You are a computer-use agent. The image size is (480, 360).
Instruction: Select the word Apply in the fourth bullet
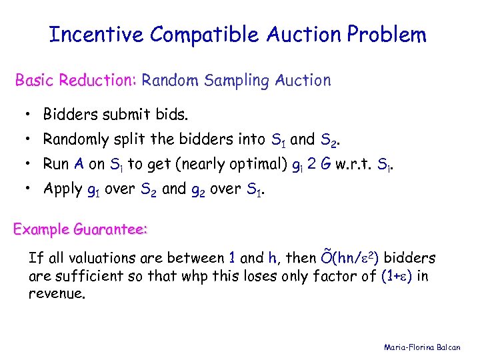tap(63, 189)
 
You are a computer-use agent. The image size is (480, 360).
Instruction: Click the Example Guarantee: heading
tap(81, 229)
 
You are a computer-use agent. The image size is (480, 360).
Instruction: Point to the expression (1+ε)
tap(396, 276)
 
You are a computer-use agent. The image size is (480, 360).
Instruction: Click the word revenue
tap(57, 294)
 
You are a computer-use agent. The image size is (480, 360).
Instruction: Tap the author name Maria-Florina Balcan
tap(427, 347)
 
